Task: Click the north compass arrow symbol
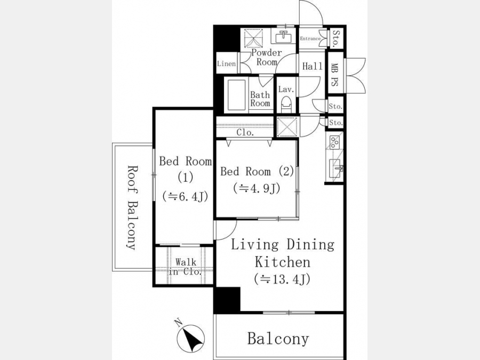point(190,338)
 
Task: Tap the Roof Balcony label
point(132,208)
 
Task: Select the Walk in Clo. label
point(186,267)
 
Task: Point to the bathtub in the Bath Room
point(236,95)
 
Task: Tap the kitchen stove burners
point(334,141)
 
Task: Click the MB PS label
point(334,74)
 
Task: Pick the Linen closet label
point(227,63)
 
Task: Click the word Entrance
point(310,38)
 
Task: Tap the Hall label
point(312,66)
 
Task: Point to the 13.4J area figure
point(282,279)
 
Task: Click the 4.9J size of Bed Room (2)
point(257,188)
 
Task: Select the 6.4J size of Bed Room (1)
point(185,196)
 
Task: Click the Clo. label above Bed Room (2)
point(245,133)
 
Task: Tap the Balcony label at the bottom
point(278,339)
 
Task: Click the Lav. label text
point(286,90)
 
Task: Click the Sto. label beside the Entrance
point(336,38)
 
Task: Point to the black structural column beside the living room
point(227,300)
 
